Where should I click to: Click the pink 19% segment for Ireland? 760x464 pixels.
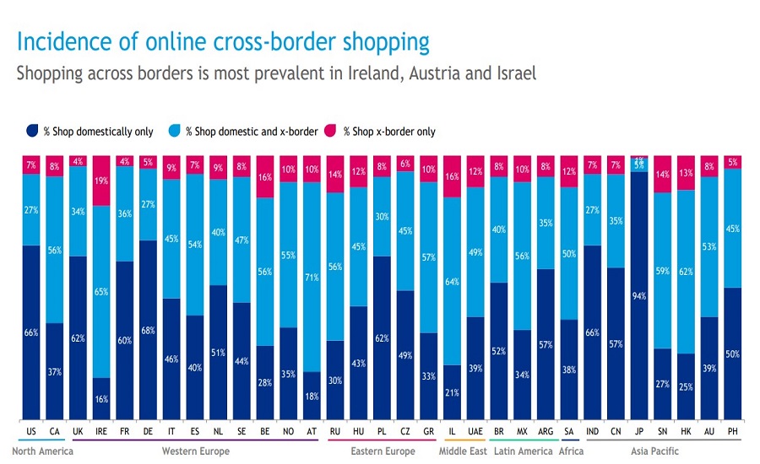[x=101, y=181]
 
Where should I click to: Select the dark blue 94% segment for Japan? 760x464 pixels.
[x=638, y=295]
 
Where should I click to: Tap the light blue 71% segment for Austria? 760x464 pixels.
[x=312, y=277]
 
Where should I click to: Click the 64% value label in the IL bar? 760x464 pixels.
[x=453, y=281]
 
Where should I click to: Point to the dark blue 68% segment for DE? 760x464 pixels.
[x=149, y=330]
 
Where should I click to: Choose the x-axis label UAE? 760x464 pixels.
[x=475, y=431]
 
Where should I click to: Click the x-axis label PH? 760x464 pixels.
[x=732, y=431]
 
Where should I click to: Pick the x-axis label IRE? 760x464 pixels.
[x=101, y=431]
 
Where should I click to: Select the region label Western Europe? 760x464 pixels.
[x=196, y=451]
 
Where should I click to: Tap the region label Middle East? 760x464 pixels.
[x=462, y=451]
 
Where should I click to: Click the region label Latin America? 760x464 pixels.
[x=522, y=451]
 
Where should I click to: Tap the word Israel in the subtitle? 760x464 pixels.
[x=512, y=73]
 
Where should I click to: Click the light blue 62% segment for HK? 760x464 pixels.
[x=686, y=272]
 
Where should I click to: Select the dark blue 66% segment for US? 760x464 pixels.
[x=31, y=332]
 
